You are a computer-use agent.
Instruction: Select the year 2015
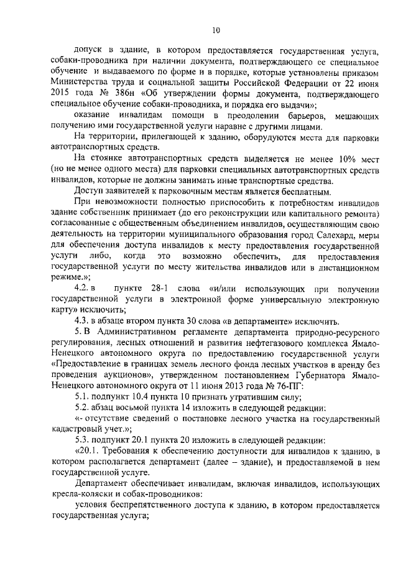(62, 93)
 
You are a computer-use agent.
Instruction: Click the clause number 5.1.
(82, 396)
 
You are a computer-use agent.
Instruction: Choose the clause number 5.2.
(82, 407)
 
